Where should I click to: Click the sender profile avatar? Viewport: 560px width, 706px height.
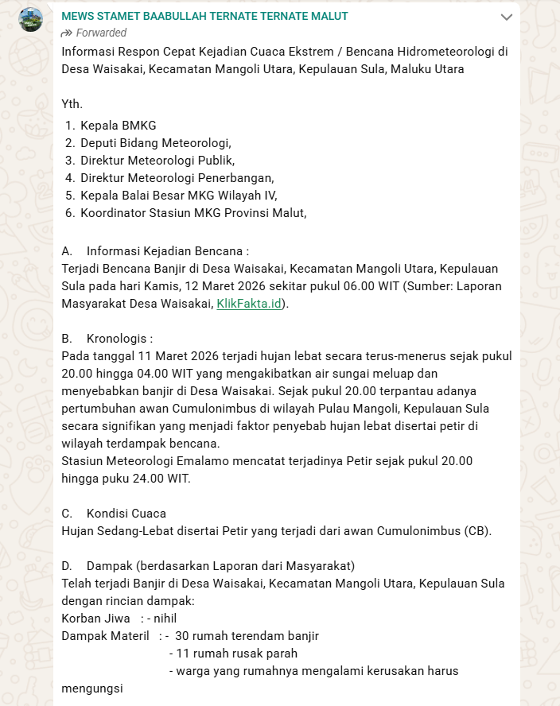tap(31, 20)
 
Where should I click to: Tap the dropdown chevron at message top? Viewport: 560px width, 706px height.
tap(506, 17)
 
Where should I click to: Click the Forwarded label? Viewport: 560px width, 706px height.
tap(94, 33)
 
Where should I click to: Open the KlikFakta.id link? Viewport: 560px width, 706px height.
tap(250, 303)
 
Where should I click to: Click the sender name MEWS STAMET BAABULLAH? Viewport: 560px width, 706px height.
tap(204, 16)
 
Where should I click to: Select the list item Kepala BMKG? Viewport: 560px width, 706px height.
tap(118, 126)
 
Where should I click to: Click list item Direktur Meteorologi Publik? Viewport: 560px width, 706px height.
tap(159, 161)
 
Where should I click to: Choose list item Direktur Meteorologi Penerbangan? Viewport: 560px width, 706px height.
tap(177, 178)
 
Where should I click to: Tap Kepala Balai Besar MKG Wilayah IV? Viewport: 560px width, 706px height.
tap(178, 196)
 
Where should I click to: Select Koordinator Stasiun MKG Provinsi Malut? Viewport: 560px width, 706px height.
tap(192, 213)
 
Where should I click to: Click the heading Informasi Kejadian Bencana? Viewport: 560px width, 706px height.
tap(167, 251)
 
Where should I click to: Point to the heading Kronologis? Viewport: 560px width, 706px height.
tap(119, 337)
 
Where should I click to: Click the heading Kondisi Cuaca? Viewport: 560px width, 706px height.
tap(126, 514)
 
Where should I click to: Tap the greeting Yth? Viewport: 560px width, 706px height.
tap(72, 103)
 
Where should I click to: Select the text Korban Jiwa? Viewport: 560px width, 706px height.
tap(95, 619)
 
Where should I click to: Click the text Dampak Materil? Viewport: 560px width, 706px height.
tap(105, 636)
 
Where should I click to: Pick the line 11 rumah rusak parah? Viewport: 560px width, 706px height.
tap(236, 654)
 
